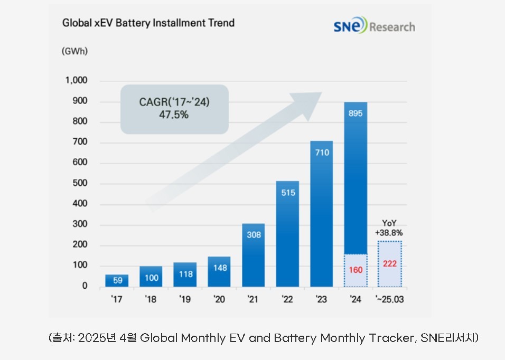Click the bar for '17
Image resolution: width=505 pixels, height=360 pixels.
tap(117, 280)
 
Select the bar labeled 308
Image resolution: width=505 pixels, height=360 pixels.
tap(254, 255)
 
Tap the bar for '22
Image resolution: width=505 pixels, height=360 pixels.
tap(287, 234)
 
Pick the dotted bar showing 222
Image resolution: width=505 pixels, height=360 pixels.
tap(390, 264)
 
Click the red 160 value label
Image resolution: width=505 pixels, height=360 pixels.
tap(356, 270)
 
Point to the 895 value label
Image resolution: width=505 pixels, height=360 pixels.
tap(356, 112)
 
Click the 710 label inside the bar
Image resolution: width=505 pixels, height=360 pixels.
tap(322, 153)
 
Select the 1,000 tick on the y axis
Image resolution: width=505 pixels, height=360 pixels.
tap(76, 81)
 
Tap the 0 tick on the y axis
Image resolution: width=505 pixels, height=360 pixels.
tap(84, 286)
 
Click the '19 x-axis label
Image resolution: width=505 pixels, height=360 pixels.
tap(185, 300)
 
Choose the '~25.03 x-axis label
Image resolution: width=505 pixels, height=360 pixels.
tap(390, 300)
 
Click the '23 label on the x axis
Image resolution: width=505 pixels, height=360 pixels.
tap(321, 300)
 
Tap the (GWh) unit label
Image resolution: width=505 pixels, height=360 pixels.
tap(74, 52)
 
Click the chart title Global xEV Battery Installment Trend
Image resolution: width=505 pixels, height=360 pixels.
tap(148, 23)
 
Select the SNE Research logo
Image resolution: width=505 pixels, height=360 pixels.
tap(374, 26)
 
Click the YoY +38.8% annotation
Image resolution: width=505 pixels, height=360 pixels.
tap(390, 228)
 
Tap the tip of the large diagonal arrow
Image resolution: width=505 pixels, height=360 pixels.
tap(321, 93)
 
